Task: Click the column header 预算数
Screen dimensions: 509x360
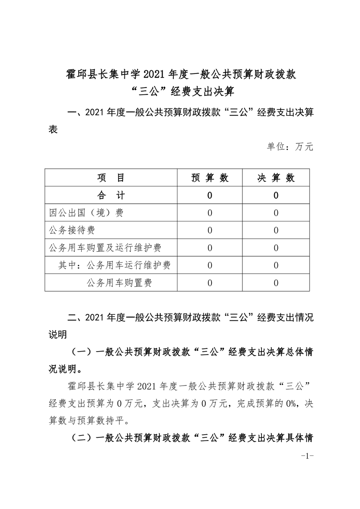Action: click(210, 178)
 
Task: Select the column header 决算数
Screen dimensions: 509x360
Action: click(276, 178)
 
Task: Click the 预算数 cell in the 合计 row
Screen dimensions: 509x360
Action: click(210, 196)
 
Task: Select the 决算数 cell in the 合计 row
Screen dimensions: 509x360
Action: click(276, 196)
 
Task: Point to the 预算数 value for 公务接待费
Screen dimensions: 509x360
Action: click(210, 230)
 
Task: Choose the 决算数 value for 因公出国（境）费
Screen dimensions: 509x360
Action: click(276, 213)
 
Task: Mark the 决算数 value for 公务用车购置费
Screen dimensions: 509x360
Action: click(276, 283)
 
